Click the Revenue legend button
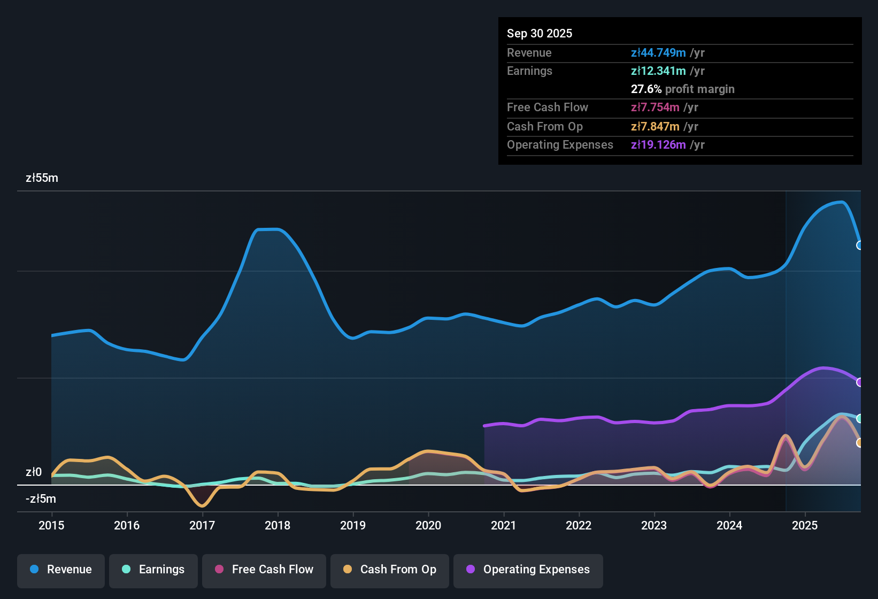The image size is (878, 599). click(61, 570)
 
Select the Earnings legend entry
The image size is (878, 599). click(153, 570)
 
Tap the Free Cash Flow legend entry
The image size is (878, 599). click(264, 570)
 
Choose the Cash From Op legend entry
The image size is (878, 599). click(390, 570)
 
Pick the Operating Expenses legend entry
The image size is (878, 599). click(528, 570)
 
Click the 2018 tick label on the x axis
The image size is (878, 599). click(278, 526)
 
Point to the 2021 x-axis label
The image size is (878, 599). click(504, 526)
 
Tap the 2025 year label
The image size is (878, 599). click(805, 526)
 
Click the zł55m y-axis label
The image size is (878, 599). click(42, 178)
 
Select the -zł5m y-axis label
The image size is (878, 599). click(41, 499)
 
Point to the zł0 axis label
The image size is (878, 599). click(34, 472)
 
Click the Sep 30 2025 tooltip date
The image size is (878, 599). click(540, 34)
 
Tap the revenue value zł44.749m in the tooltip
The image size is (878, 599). click(658, 53)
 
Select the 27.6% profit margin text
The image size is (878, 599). click(682, 89)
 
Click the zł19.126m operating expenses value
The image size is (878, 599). click(658, 145)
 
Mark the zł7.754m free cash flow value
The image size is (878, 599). click(655, 107)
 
